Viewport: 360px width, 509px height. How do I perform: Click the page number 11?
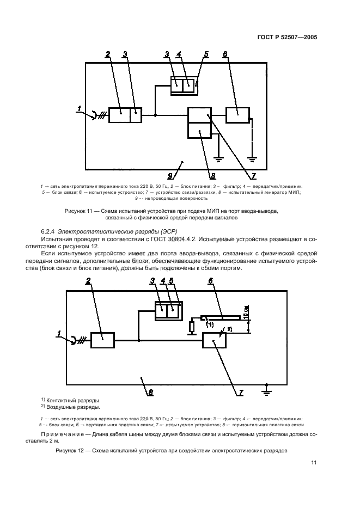[x=314, y=463]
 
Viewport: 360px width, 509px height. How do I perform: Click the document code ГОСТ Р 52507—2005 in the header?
[x=287, y=38]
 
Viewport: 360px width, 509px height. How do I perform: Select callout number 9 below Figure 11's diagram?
[x=170, y=175]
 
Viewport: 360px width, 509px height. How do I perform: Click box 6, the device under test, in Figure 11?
[x=237, y=115]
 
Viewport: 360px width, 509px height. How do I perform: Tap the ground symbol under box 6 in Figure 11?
[x=252, y=158]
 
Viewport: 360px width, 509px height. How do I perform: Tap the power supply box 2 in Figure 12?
[x=102, y=340]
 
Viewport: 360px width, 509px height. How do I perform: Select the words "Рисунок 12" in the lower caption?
[x=71, y=451]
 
